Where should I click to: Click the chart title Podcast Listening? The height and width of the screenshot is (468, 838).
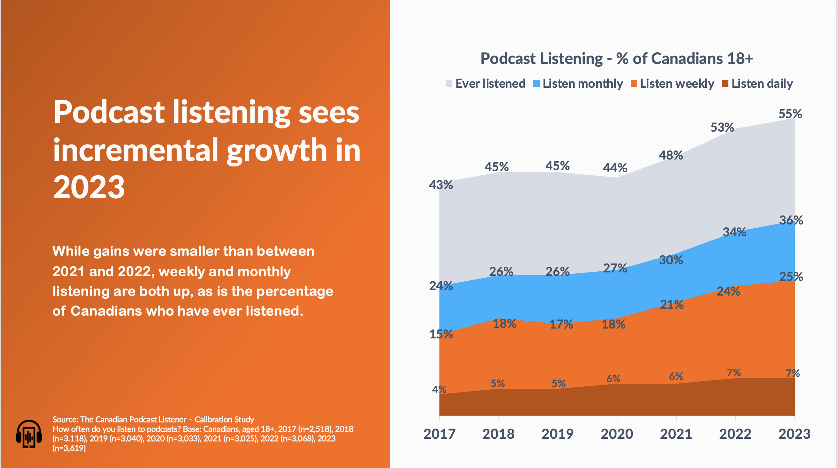coord(616,58)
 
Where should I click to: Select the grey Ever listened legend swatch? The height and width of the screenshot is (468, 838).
coord(449,83)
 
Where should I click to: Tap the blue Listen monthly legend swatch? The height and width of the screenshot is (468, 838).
coord(536,83)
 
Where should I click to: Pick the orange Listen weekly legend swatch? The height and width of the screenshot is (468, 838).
coord(633,83)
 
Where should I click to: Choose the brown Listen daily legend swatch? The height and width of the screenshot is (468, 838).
coord(725,83)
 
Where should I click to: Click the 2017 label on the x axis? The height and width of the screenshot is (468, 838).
coord(439,434)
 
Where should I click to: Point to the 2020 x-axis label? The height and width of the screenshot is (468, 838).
coord(617,434)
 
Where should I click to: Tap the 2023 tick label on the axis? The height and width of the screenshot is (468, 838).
coord(794,434)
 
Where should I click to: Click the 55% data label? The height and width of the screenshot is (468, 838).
coord(790,114)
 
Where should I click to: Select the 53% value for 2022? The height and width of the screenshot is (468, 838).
coord(722,128)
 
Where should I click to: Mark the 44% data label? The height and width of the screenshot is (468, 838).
coord(615,168)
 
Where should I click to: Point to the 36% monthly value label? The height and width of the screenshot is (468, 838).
coord(791,220)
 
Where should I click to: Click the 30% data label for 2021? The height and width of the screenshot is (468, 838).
coord(671,260)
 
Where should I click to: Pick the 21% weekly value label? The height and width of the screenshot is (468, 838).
coord(672,305)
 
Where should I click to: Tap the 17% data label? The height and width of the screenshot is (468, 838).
coord(561,324)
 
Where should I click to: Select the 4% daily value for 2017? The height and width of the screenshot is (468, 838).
coord(439,389)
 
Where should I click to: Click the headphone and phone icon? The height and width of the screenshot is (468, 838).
coord(29,434)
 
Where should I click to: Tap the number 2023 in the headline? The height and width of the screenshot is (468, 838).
coord(89,187)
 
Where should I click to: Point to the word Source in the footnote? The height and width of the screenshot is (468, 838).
coord(65,419)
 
